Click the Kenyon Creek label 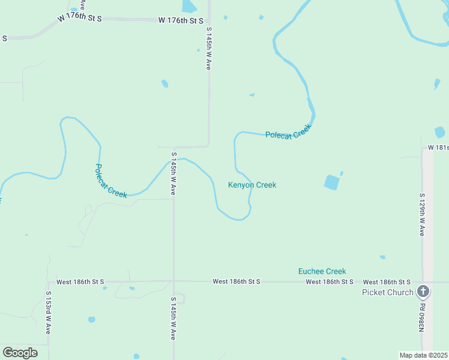(x=252, y=185)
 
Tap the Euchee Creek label (x=322, y=271)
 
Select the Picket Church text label (x=387, y=292)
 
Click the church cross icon (x=423, y=292)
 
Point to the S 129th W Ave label (x=423, y=214)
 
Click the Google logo (x=20, y=352)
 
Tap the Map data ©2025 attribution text (x=423, y=355)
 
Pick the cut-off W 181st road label (x=438, y=148)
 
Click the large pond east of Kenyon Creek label (x=331, y=182)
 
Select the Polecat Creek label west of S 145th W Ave (x=111, y=181)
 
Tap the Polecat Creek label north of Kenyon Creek (x=289, y=132)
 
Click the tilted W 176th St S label (x=80, y=18)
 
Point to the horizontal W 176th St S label (x=181, y=20)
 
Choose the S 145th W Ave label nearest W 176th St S (x=209, y=49)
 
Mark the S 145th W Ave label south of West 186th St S (x=173, y=318)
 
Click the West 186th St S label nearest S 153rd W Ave (x=80, y=281)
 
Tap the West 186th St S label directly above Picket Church (x=387, y=282)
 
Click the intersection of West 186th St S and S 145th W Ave (x=173, y=281)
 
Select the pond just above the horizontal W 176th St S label (x=188, y=6)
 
